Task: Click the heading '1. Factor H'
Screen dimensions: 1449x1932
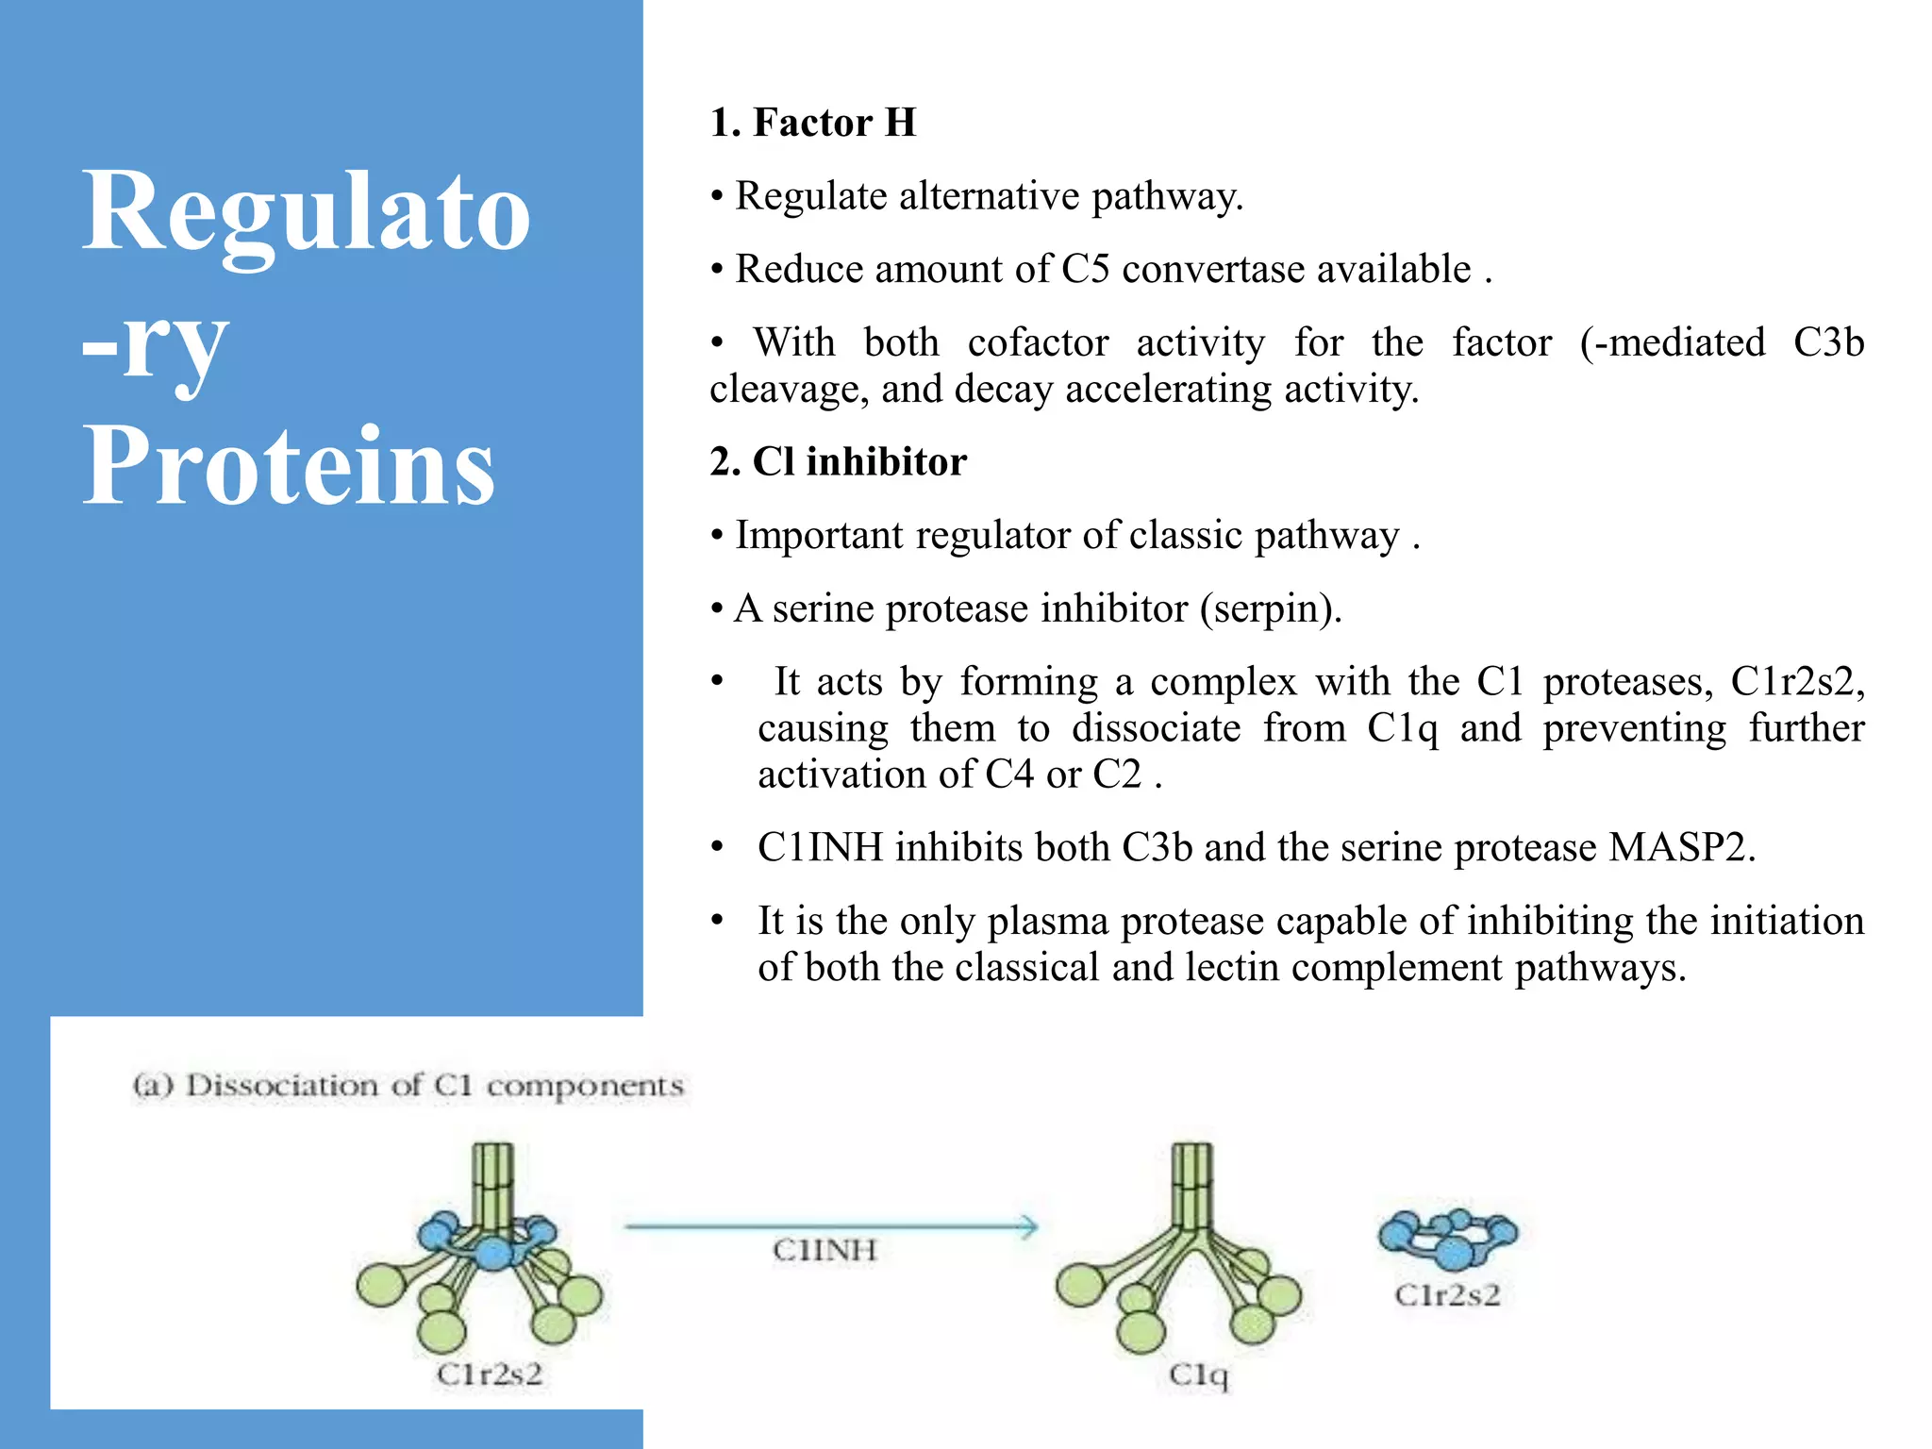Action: coord(813,123)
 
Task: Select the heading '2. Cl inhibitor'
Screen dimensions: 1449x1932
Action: coord(839,462)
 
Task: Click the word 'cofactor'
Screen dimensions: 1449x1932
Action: coord(1038,342)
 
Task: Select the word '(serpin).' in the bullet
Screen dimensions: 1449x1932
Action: coord(1271,608)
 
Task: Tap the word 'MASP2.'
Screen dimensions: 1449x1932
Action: coord(1682,847)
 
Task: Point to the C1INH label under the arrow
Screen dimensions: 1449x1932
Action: coord(824,1250)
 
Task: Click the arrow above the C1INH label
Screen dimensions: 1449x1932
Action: coord(830,1226)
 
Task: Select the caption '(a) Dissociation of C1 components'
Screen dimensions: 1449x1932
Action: coord(408,1086)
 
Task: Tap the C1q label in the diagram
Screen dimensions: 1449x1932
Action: coord(1198,1374)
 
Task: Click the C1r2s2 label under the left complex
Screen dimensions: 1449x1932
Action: coord(490,1374)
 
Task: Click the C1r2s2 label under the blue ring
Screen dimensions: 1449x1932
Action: coord(1447,1295)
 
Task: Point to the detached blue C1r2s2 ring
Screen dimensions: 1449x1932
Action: coord(1447,1238)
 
